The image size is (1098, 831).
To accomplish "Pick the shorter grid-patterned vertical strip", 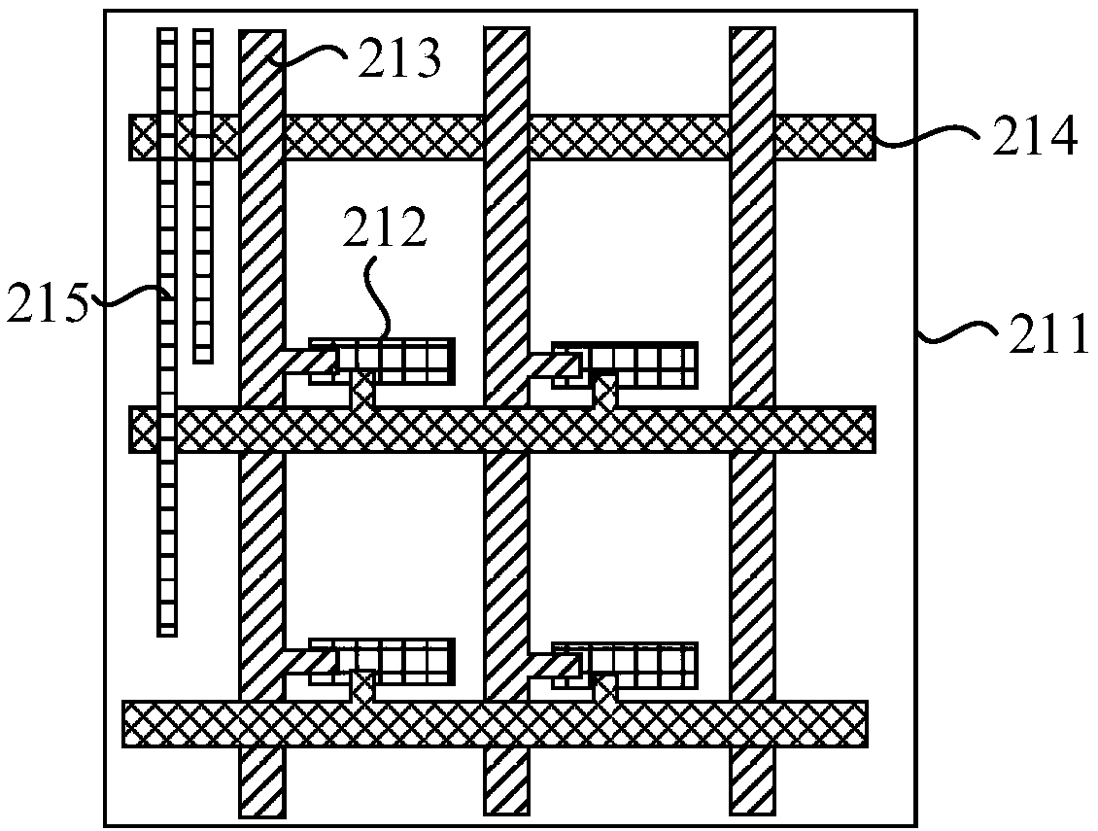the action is (202, 194).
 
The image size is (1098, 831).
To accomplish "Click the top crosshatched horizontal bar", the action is (602, 137).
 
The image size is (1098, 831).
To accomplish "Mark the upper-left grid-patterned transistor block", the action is (389, 361).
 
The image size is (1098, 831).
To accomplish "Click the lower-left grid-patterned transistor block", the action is (389, 661).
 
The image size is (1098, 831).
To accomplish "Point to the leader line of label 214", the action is (928, 140).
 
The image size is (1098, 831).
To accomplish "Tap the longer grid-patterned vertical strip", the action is (167, 389).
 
